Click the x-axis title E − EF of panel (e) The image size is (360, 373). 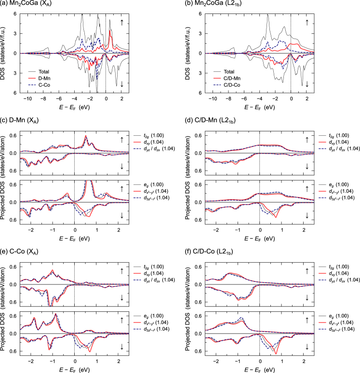tap(74, 368)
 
